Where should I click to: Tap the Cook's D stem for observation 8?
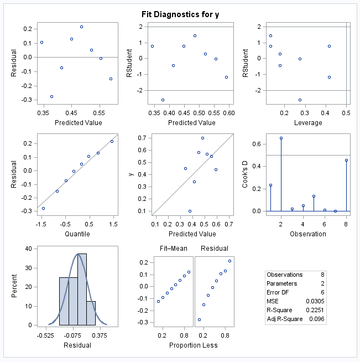click(x=346, y=185)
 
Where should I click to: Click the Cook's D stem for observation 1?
click(x=270, y=198)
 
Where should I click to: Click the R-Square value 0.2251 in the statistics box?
click(x=316, y=311)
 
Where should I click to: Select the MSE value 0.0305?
click(x=316, y=302)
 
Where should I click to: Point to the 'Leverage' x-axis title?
click(x=308, y=122)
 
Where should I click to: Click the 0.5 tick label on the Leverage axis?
click(x=346, y=113)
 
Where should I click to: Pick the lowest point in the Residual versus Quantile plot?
click(x=43, y=208)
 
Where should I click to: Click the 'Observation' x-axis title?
click(x=309, y=234)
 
